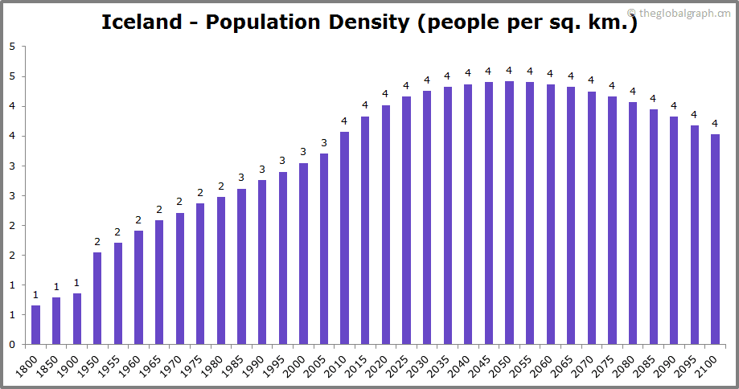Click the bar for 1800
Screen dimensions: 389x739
[x=35, y=325]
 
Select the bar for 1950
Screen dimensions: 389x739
[x=97, y=298]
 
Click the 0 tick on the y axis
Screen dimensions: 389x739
[x=12, y=345]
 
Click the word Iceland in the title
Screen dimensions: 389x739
[x=142, y=22]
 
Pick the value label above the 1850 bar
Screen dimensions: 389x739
[x=56, y=287]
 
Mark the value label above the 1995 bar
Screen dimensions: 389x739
[x=282, y=161]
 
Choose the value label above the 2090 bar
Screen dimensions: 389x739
[x=674, y=106]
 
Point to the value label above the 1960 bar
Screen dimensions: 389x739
[x=138, y=220]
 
